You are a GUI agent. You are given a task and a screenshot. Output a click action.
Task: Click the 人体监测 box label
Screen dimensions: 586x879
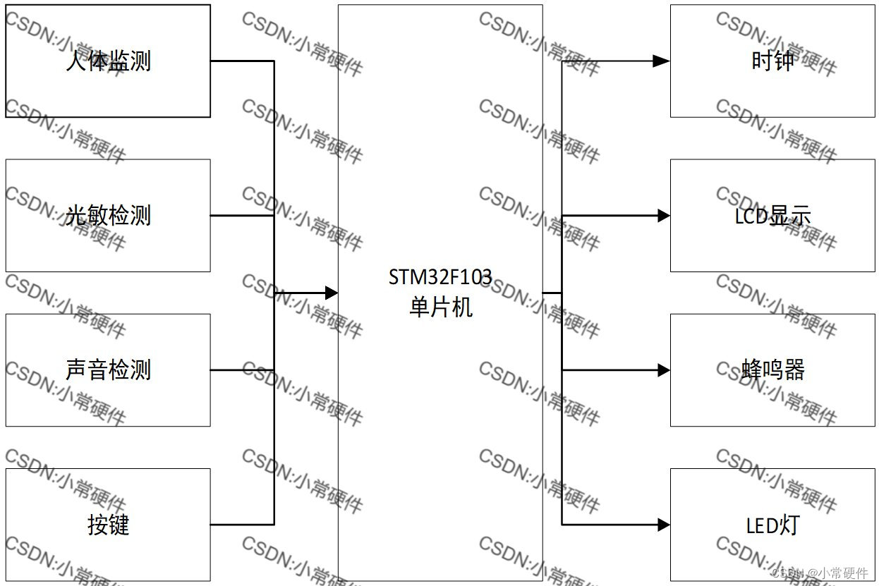click(x=108, y=61)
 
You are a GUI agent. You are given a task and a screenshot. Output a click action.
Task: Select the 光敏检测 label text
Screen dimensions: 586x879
click(x=108, y=215)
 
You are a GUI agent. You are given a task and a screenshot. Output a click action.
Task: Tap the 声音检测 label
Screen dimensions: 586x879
click(x=108, y=370)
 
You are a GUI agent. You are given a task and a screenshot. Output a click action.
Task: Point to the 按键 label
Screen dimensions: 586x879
click(x=108, y=525)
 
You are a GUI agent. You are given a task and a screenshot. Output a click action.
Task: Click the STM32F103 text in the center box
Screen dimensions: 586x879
click(x=439, y=277)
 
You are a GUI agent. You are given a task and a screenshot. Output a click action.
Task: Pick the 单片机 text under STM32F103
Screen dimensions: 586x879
click(x=440, y=307)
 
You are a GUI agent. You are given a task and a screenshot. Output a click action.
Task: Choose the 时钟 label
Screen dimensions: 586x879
click(x=772, y=61)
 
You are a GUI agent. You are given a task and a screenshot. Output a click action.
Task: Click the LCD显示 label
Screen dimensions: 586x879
click(x=772, y=216)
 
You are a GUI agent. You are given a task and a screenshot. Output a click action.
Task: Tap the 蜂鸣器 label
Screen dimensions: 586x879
click(x=772, y=370)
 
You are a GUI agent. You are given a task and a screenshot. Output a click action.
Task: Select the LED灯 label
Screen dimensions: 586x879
click(x=772, y=525)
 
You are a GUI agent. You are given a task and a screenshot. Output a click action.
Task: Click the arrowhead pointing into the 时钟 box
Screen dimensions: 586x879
click(x=661, y=61)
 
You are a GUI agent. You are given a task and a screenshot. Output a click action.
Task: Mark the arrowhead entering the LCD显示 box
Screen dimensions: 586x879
click(x=663, y=216)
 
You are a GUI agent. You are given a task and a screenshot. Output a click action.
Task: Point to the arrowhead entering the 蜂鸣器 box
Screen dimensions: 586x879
click(x=663, y=370)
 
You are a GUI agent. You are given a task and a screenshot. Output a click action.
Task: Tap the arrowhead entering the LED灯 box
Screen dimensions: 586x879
click(x=663, y=525)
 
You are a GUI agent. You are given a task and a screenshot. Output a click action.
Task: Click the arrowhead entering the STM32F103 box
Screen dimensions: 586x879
click(x=330, y=292)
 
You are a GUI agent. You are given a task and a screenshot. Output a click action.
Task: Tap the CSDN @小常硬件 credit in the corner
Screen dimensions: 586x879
click(x=819, y=573)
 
